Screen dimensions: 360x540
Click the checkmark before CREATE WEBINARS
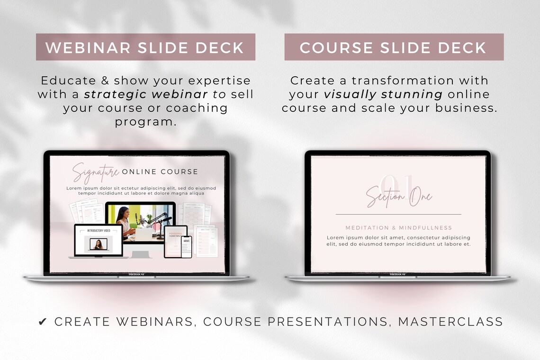tap(43, 322)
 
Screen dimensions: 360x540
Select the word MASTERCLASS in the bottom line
tap(450, 322)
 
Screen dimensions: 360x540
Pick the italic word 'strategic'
tap(114, 94)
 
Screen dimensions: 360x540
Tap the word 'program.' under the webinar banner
tap(145, 122)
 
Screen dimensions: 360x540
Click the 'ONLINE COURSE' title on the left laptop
tap(160, 171)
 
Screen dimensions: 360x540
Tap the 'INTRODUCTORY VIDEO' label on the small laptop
tap(99, 231)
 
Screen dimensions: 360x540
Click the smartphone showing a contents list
tap(186, 246)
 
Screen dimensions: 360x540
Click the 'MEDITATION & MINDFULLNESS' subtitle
tap(398, 228)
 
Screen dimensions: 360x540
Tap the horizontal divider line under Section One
tap(398, 215)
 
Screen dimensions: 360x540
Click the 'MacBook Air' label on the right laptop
tap(398, 274)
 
